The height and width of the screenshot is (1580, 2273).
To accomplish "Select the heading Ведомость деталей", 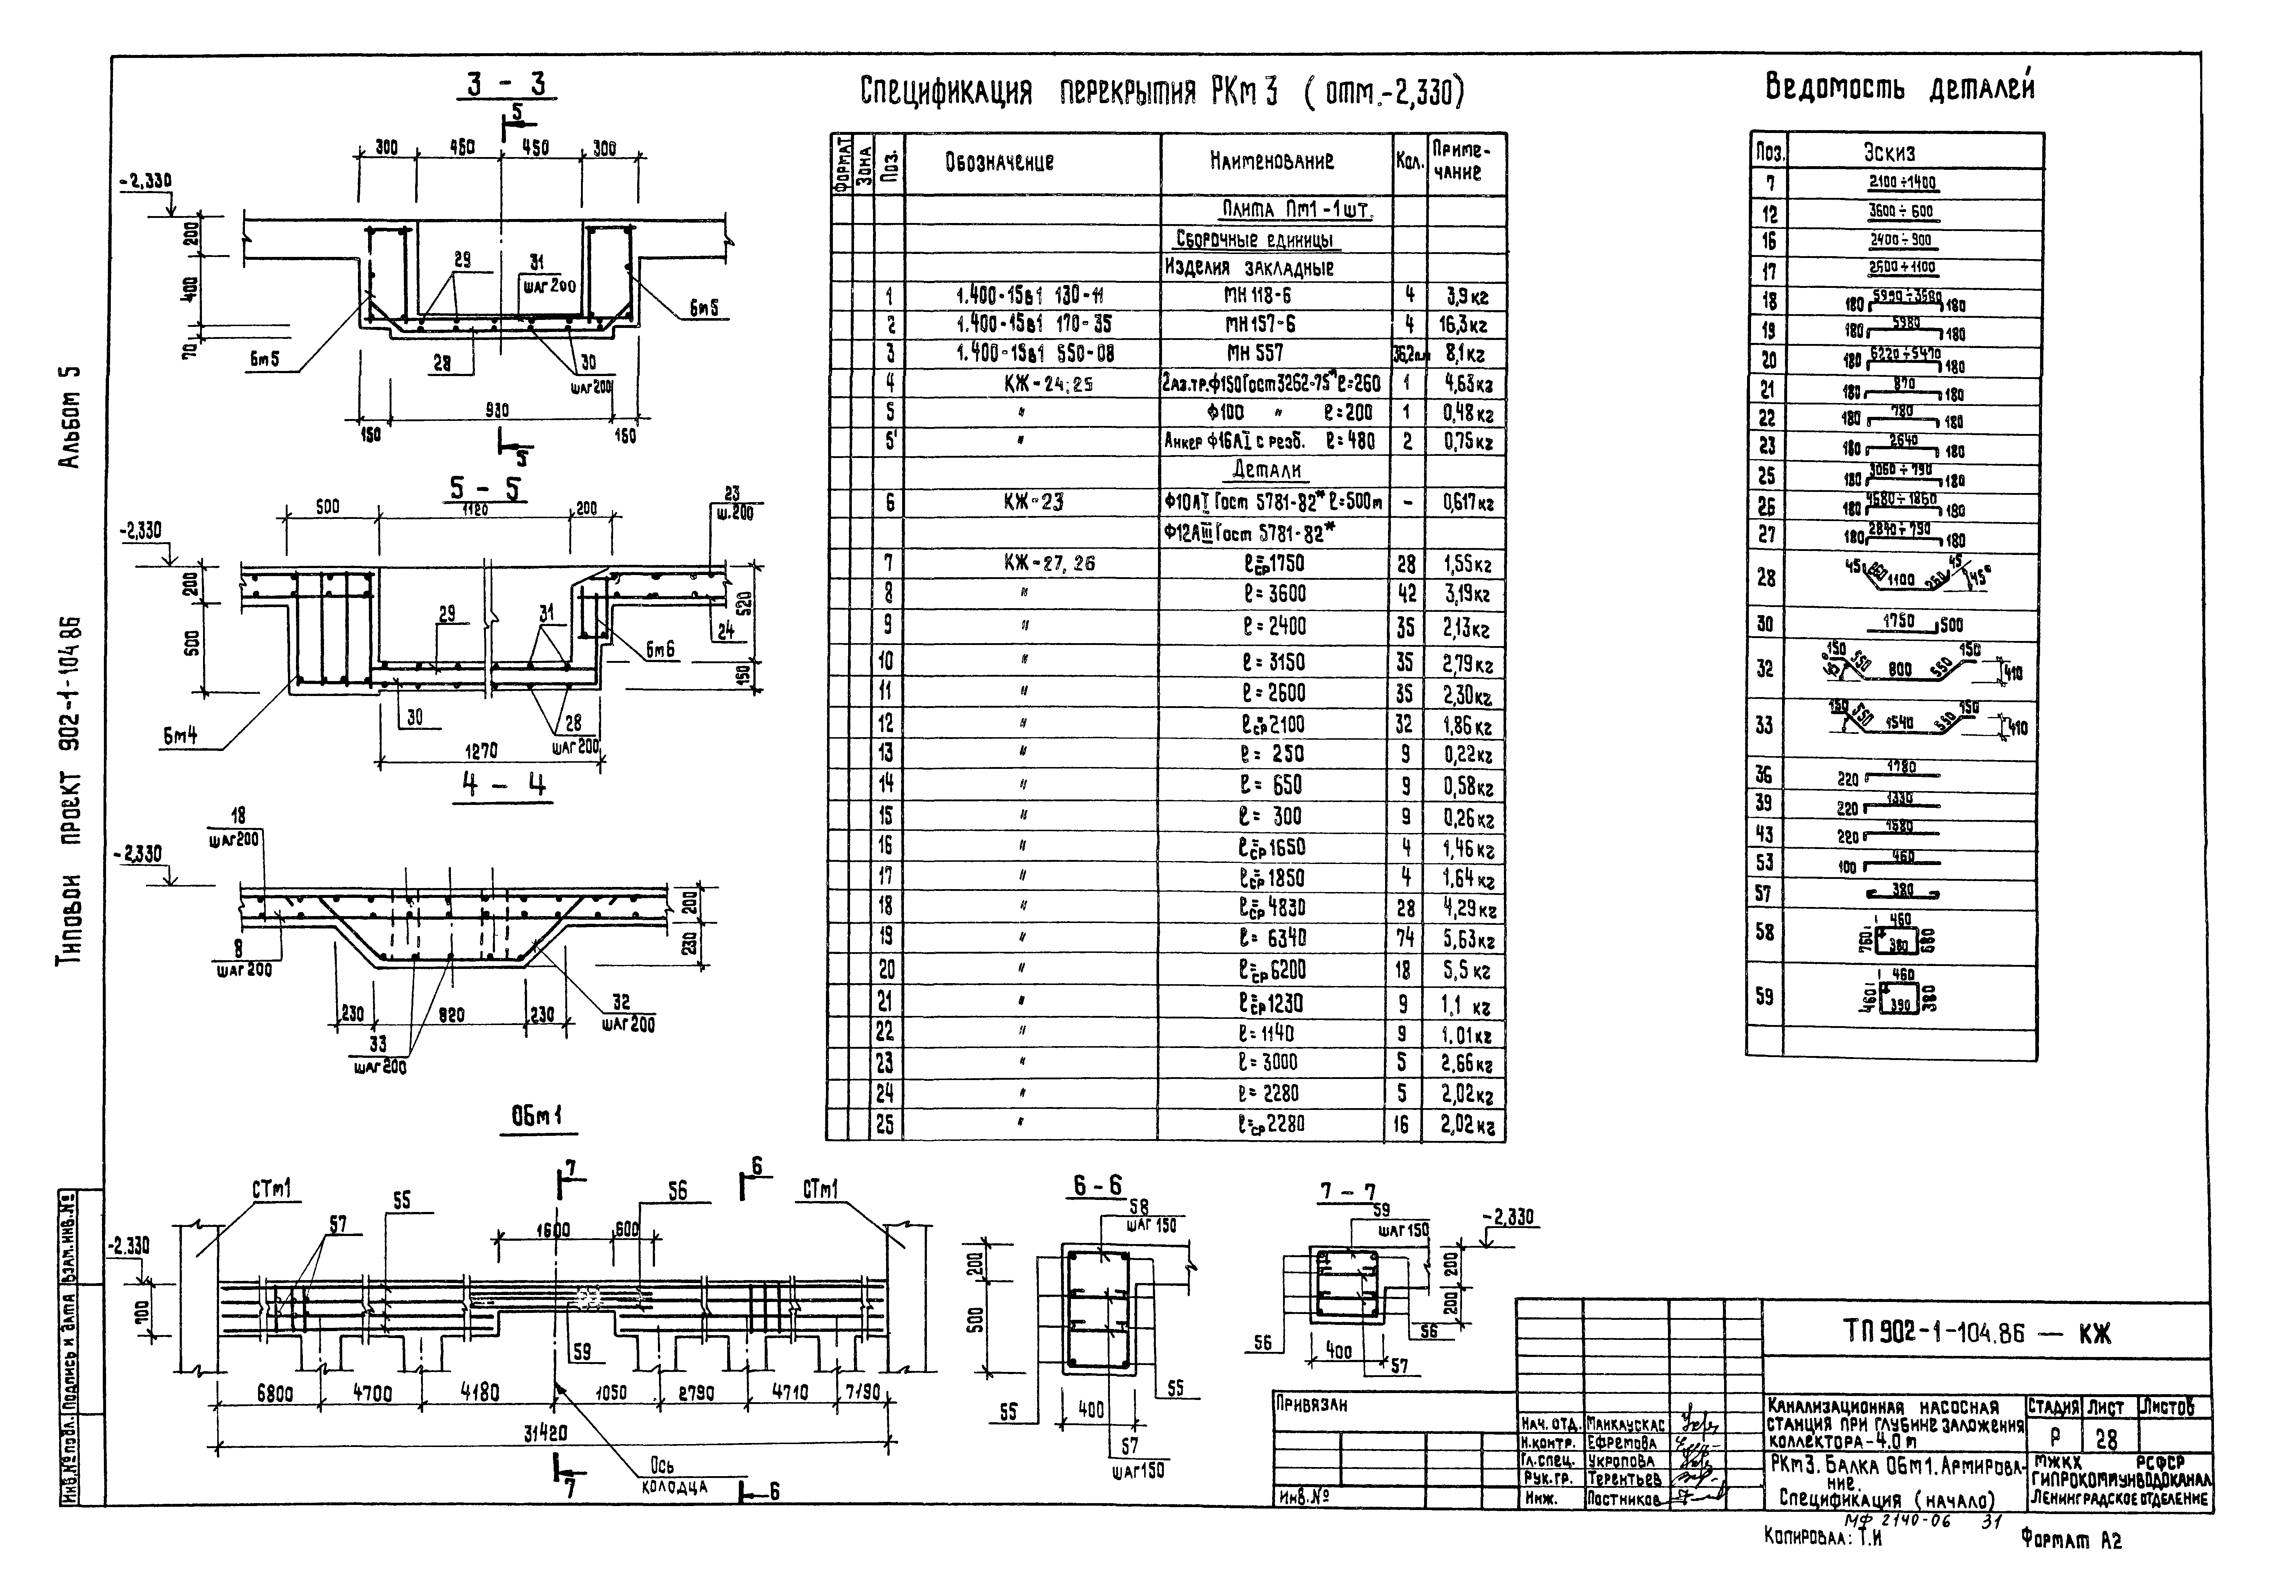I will (x=1899, y=88).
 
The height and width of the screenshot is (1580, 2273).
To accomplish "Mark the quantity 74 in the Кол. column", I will (x=1405, y=938).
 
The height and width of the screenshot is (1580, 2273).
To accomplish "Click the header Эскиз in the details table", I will (x=1889, y=152).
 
